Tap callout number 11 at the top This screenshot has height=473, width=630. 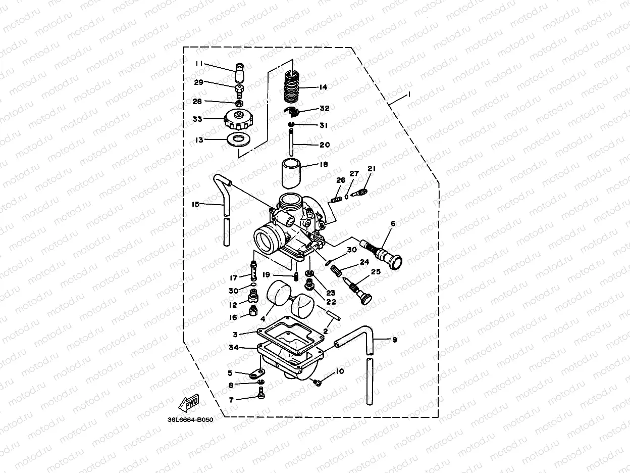pos(199,64)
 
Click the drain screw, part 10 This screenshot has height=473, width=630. pos(318,383)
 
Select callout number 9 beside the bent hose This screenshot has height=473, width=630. pos(394,340)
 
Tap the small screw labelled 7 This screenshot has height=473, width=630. pos(261,397)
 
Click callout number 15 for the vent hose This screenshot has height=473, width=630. pos(195,204)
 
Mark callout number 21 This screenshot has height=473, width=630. pos(372,168)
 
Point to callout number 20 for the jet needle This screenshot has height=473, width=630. pos(324,145)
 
